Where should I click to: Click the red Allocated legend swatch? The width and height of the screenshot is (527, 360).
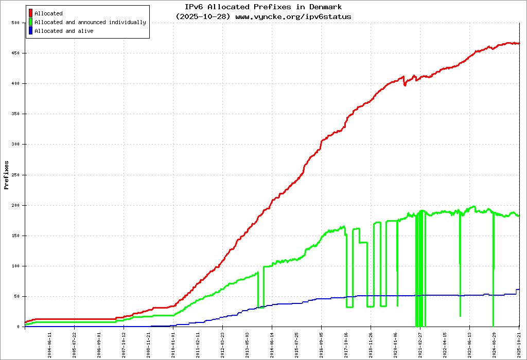coord(31,13)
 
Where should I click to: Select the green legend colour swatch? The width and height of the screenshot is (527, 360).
coord(31,22)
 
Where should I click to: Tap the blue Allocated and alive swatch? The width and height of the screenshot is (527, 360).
coord(31,31)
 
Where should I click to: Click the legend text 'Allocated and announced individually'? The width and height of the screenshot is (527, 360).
coord(90,22)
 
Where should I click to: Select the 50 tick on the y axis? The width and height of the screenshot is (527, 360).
coord(16,296)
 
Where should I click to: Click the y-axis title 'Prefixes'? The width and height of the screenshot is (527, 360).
coord(7,175)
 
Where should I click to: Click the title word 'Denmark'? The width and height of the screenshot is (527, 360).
coord(326,7)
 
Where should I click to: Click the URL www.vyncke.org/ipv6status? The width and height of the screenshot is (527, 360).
coord(293,16)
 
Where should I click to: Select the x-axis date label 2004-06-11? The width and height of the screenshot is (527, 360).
coord(50,344)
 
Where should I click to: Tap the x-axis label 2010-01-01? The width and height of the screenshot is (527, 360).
coord(173,344)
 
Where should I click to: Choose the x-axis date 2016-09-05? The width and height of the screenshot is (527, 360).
coord(322,344)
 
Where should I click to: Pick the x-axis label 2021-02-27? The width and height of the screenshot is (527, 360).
coord(420,344)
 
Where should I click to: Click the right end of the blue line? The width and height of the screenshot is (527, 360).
coord(519,290)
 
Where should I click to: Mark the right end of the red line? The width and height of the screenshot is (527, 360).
coord(519,43)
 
